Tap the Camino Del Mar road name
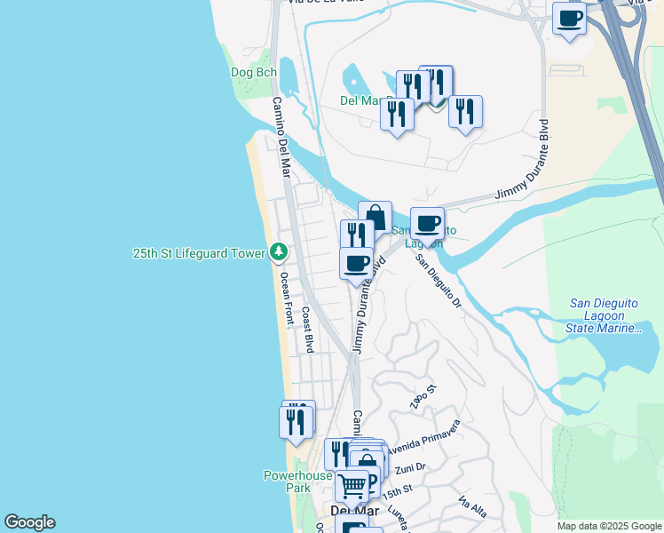click(x=281, y=138)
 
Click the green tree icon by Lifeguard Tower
click(x=279, y=253)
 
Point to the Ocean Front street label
click(x=285, y=298)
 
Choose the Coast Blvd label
click(x=308, y=330)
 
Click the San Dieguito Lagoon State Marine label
click(x=604, y=322)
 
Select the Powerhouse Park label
click(x=298, y=481)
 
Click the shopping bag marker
click(x=375, y=218)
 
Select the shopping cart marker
click(x=352, y=485)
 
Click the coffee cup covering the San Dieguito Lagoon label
click(x=427, y=224)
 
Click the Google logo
click(x=29, y=522)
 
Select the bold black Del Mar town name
click(x=353, y=511)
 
